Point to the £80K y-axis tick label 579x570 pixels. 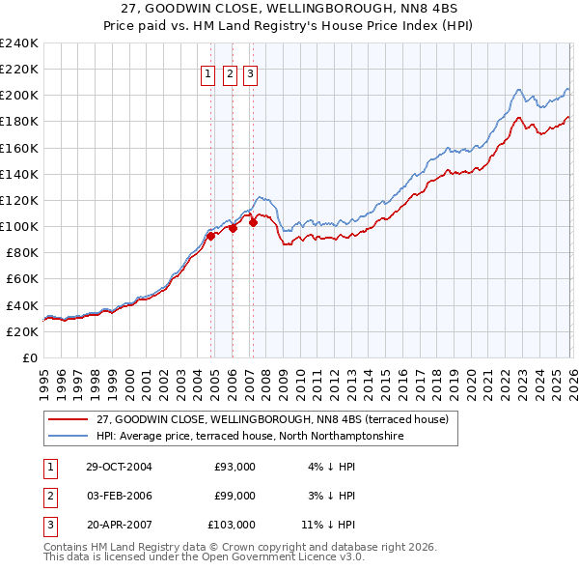[20, 252]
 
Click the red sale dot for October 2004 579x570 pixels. [210, 235]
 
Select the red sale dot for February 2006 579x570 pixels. [233, 227]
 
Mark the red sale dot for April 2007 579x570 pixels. [253, 222]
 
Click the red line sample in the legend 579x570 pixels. [68, 420]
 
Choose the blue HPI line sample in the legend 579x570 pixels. [68, 437]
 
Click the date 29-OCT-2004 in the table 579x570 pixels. [119, 467]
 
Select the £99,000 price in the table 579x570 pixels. [234, 496]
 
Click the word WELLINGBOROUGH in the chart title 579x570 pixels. [322, 12]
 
